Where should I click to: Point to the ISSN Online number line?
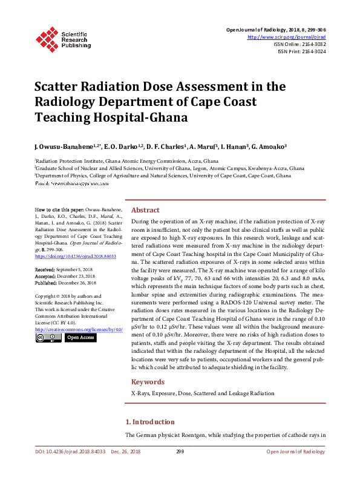tap(299, 44)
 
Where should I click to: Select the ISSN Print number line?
tap(301, 51)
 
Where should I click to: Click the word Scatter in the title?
tap(60, 87)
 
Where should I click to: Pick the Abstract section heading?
tap(145, 209)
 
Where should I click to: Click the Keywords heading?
tap(148, 382)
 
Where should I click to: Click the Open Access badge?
tap(80, 338)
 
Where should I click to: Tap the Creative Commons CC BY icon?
tap(48, 338)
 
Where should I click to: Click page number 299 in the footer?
tap(180, 451)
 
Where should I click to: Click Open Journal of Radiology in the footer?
tap(295, 451)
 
